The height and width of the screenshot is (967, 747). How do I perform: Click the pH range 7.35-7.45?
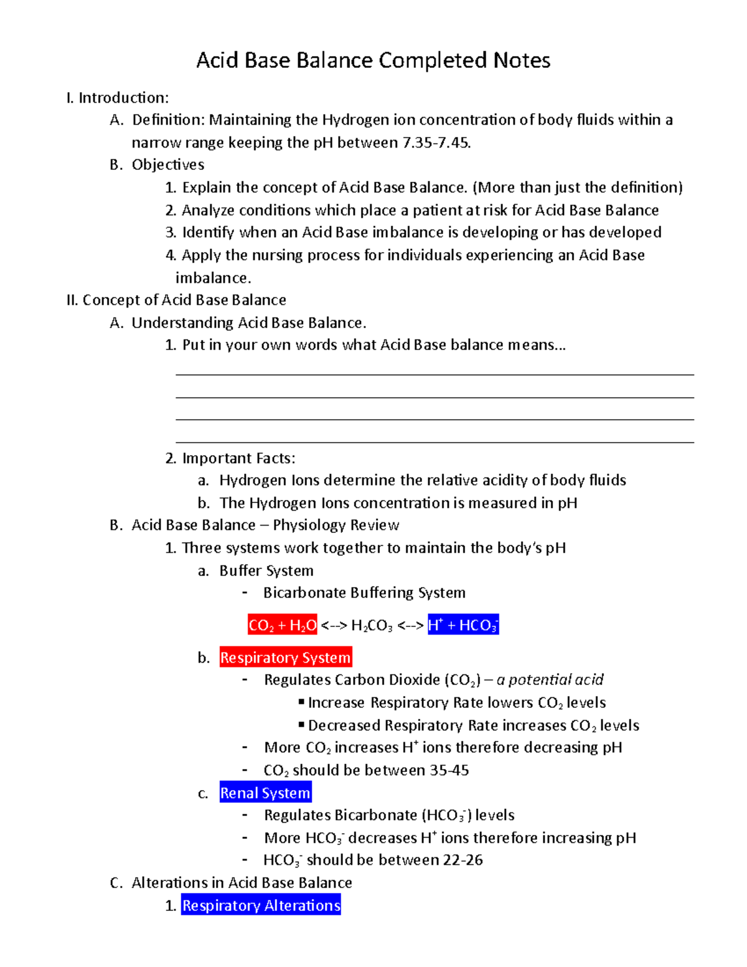point(436,143)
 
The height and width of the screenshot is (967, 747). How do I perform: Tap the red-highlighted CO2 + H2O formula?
point(283,625)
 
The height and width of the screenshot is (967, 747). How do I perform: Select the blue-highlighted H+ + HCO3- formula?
point(463,625)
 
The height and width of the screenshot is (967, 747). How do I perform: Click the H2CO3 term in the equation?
point(372,626)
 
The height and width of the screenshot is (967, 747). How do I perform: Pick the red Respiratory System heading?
point(285,658)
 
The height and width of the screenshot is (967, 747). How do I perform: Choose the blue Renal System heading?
point(265,793)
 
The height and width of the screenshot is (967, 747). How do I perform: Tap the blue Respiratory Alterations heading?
point(261,905)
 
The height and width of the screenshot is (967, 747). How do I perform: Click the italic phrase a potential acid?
point(550,680)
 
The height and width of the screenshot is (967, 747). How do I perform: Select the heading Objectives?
point(168,165)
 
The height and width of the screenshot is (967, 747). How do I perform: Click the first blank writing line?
point(435,375)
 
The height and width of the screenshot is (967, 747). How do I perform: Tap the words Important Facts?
point(238,458)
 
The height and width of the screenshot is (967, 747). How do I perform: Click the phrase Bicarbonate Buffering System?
point(364,593)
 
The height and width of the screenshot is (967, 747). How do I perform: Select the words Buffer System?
point(266,570)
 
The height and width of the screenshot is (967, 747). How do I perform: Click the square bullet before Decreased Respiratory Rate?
point(301,725)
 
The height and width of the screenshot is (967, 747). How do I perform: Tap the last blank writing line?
point(435,442)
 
